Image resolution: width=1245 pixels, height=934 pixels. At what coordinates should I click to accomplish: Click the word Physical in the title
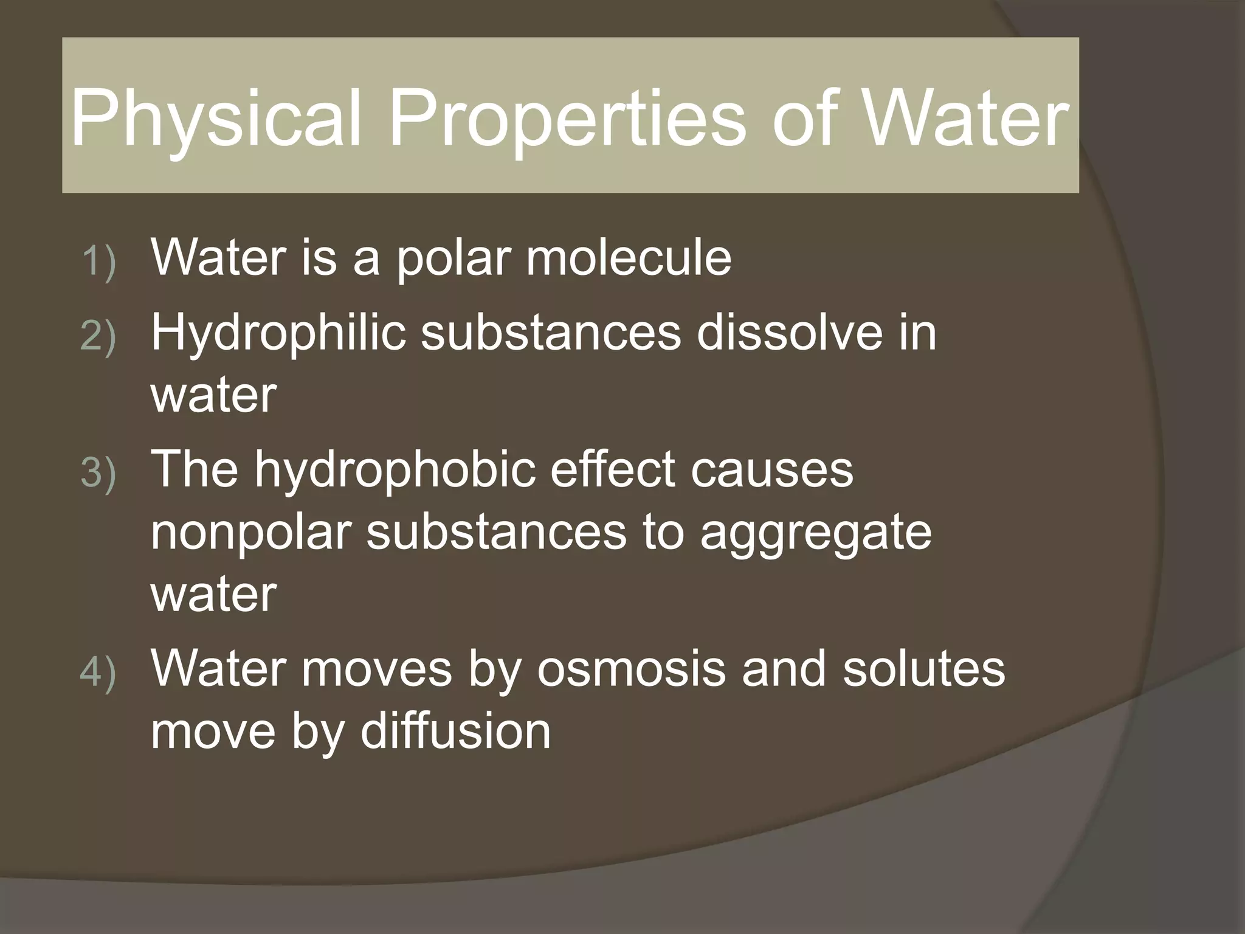[216, 119]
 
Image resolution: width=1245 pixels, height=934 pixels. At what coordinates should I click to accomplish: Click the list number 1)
[98, 262]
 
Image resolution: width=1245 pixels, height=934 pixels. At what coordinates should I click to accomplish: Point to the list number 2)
[98, 337]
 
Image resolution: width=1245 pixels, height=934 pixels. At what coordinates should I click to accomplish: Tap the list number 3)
[98, 473]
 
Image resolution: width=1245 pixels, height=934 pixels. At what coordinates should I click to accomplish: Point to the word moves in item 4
[376, 669]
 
